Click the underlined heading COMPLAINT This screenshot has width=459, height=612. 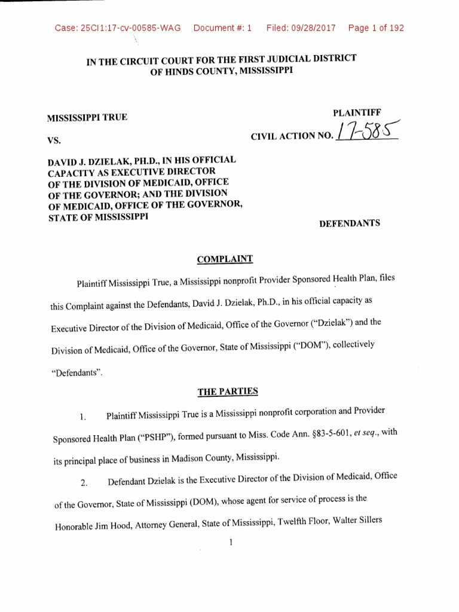225,259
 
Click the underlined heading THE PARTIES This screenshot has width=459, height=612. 228,391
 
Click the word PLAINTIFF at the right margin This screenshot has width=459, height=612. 357,112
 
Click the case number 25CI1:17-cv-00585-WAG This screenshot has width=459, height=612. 118,28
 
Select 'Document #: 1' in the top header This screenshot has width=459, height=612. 223,28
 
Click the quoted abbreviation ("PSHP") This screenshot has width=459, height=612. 154,439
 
